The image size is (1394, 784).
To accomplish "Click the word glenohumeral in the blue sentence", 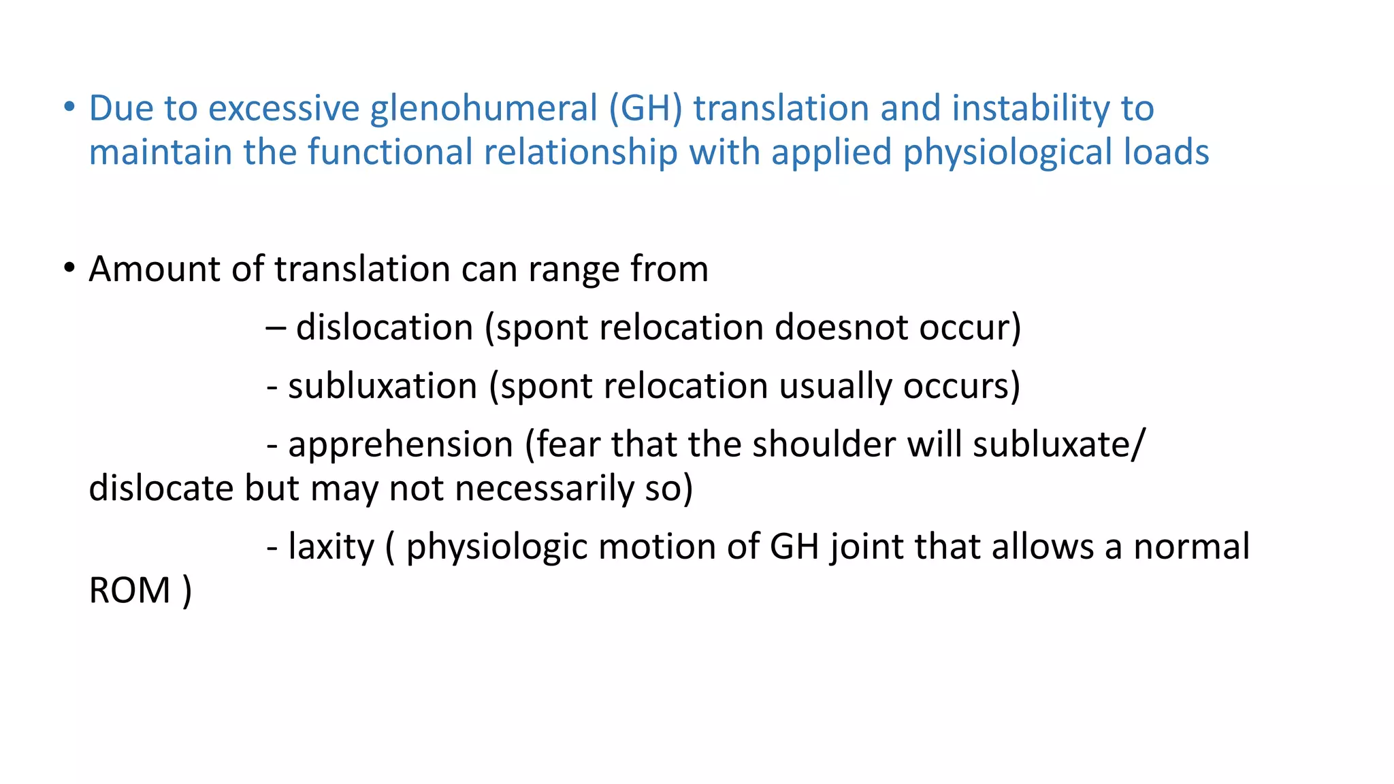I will pos(483,109).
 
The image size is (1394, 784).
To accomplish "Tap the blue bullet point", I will pos(69,108).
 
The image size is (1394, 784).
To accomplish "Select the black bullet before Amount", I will pos(69,268).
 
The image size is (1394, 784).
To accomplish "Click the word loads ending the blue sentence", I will pos(1166,152).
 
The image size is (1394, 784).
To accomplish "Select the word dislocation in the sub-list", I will pos(385,327).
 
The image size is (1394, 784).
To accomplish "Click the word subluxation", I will pos(383,386).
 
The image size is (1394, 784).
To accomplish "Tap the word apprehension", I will pos(400,445).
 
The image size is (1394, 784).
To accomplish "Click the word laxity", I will pos(331,547).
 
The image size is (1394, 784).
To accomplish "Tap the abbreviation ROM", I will pos(129,590).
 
